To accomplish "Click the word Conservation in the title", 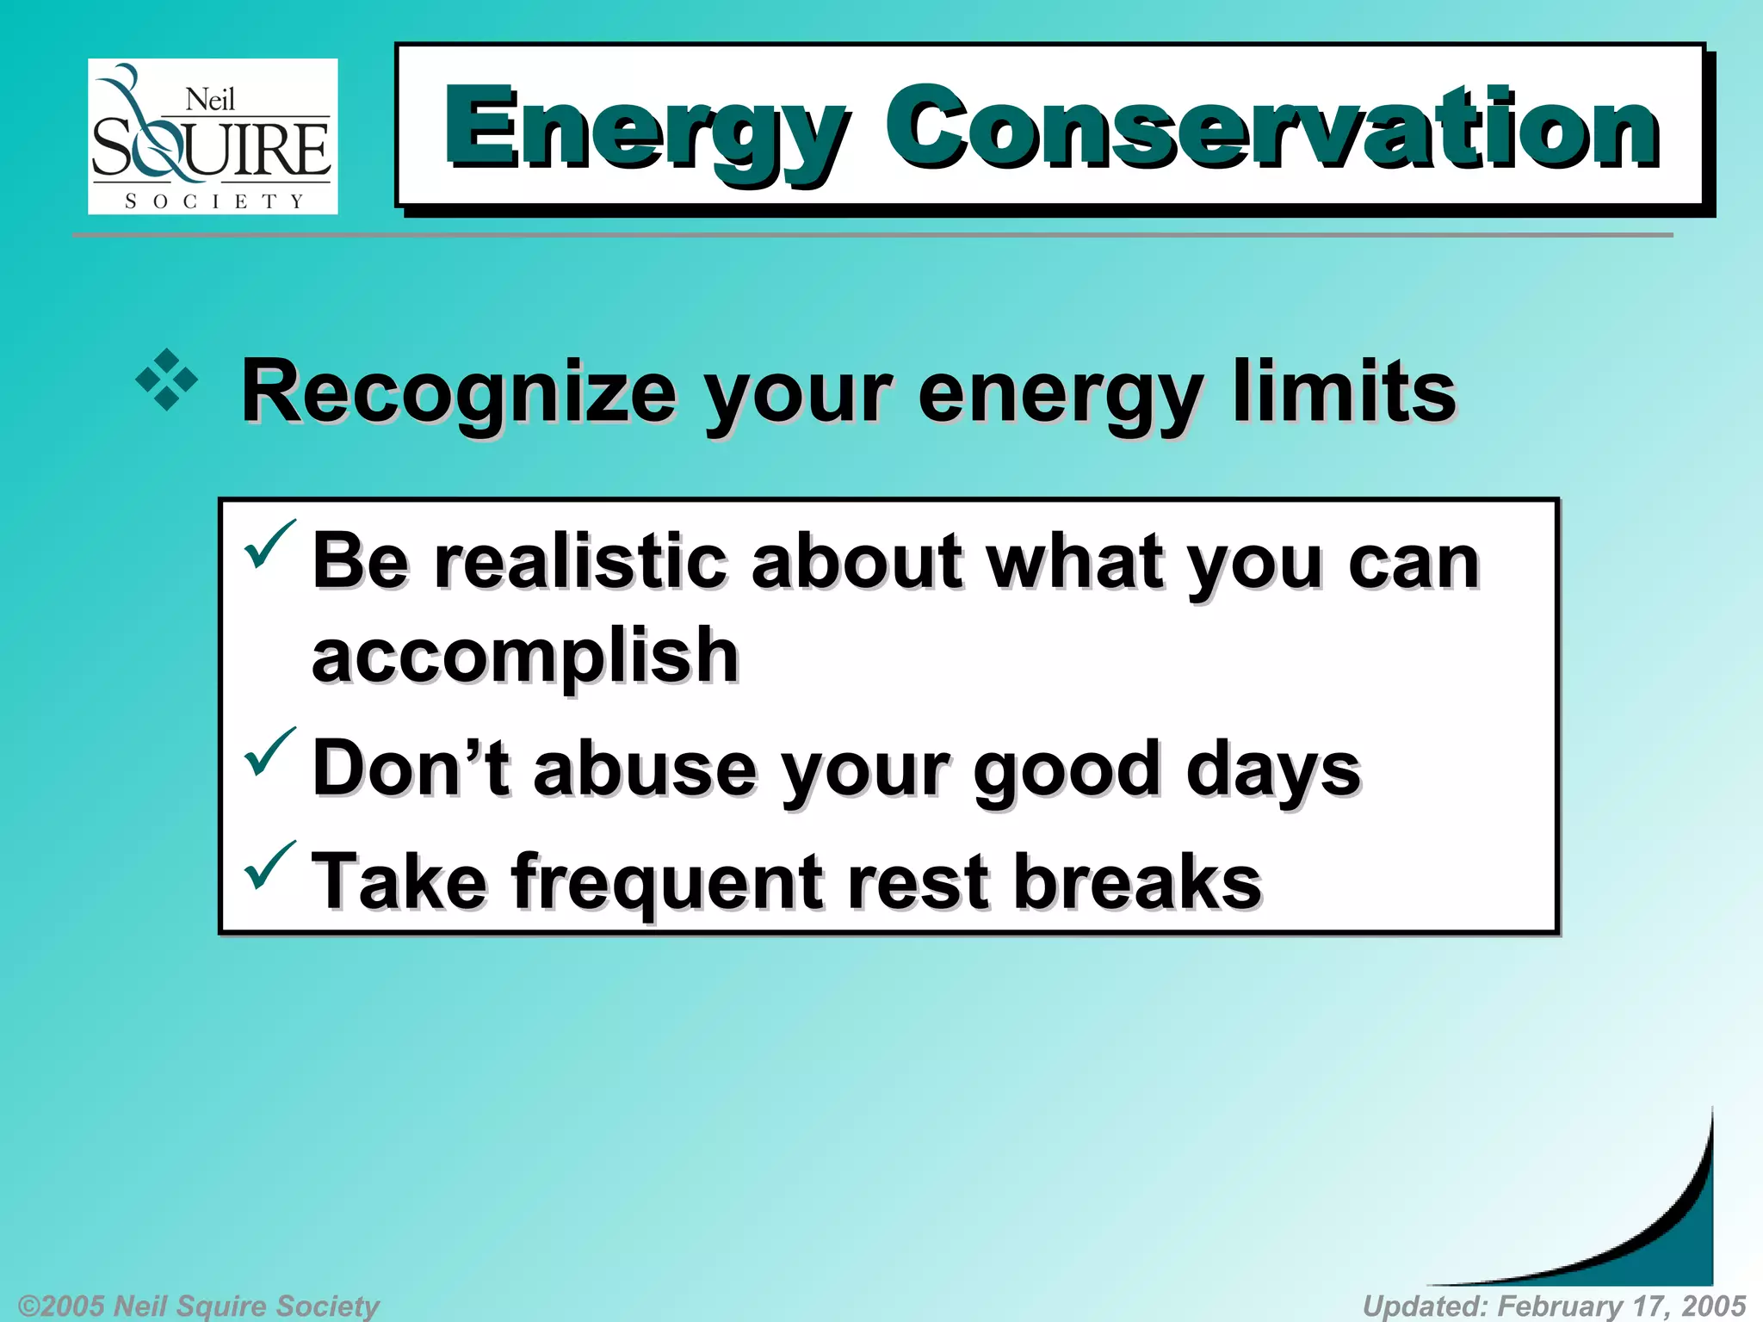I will pos(1272,129).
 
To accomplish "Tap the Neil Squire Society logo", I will pos(213,136).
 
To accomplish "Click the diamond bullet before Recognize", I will pos(167,380).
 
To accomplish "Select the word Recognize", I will pos(458,392).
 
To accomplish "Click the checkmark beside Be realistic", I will pos(269,545).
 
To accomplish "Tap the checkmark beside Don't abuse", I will pos(269,751).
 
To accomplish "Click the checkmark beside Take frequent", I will pos(269,865).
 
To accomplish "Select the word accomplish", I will pos(525,656).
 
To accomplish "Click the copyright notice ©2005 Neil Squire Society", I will pos(198,1306).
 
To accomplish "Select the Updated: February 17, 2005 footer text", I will pos(1554,1306).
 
